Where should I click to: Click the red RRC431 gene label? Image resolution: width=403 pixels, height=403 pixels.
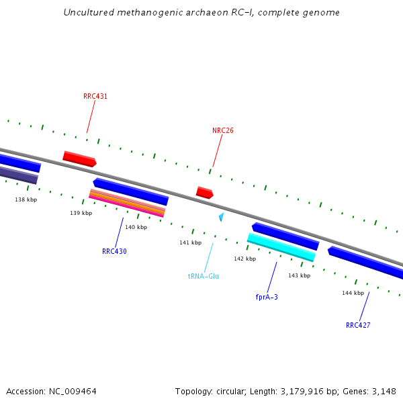coord(95,96)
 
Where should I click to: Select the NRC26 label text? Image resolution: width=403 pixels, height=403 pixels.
coord(223,130)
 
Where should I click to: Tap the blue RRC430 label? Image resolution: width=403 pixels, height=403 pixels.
coord(114,251)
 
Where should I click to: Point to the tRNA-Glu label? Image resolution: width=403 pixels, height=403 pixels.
coord(204,276)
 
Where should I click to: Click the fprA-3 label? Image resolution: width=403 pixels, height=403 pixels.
coord(267,296)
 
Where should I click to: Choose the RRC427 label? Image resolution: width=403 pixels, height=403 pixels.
coord(358,325)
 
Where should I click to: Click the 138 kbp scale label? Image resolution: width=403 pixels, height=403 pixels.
coord(26,199)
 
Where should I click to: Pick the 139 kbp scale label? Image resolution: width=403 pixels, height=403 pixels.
coord(81,213)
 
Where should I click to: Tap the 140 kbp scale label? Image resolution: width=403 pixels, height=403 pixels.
coord(136,227)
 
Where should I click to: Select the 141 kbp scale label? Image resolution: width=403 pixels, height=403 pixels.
coord(190,242)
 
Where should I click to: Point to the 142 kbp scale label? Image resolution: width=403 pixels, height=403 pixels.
coord(244,259)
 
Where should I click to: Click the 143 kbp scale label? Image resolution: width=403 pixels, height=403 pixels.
coord(299,275)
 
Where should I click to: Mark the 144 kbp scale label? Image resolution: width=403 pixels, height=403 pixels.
coord(353,293)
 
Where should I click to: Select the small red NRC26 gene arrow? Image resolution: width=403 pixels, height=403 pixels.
coord(204,193)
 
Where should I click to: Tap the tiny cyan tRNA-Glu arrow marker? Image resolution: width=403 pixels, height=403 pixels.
coord(221,217)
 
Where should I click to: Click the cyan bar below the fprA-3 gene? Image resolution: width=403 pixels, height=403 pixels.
coord(281,247)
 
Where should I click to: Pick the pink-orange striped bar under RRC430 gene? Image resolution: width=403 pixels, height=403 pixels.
coord(127,204)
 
